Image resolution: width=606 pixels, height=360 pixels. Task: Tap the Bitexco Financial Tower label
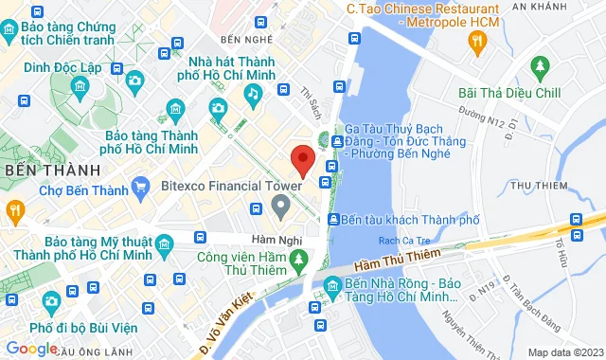[x=218, y=186]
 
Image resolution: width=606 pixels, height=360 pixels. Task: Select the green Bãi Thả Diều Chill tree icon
[x=541, y=66]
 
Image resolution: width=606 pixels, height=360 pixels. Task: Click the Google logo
[x=31, y=348]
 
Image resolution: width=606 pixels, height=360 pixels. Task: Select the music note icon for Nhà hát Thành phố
[x=252, y=93]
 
